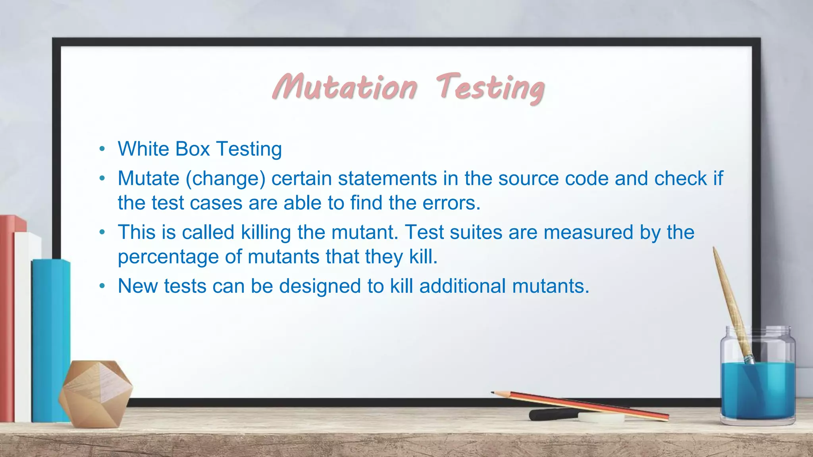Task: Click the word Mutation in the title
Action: tap(345, 87)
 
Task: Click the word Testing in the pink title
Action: tap(491, 88)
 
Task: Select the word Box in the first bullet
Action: tap(192, 149)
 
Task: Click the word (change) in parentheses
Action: tap(225, 179)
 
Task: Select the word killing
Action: tap(266, 233)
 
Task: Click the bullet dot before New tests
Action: tap(102, 286)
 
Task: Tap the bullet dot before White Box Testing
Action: tap(102, 149)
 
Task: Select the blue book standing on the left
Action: tap(51, 341)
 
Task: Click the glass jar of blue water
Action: tap(757, 381)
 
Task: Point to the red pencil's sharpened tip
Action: tap(494, 393)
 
